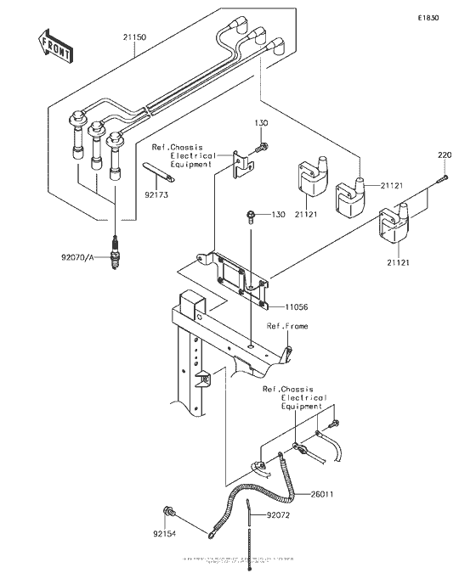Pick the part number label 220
pos(445,154)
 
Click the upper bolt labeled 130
pos(263,147)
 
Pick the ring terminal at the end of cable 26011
pos(209,536)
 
